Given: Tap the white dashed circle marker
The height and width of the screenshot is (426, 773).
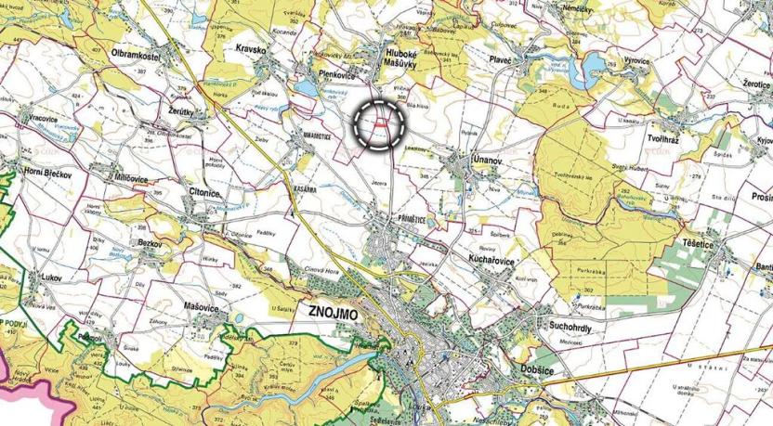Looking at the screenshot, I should (x=379, y=123).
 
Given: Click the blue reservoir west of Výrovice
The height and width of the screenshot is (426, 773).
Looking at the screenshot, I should (x=591, y=62).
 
